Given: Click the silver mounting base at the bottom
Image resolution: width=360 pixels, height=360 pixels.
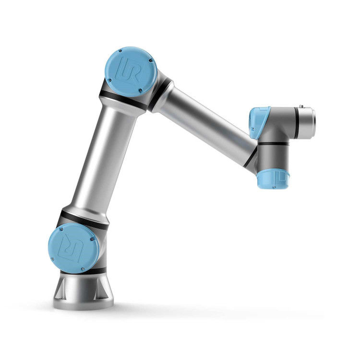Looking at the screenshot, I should (x=83, y=291).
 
